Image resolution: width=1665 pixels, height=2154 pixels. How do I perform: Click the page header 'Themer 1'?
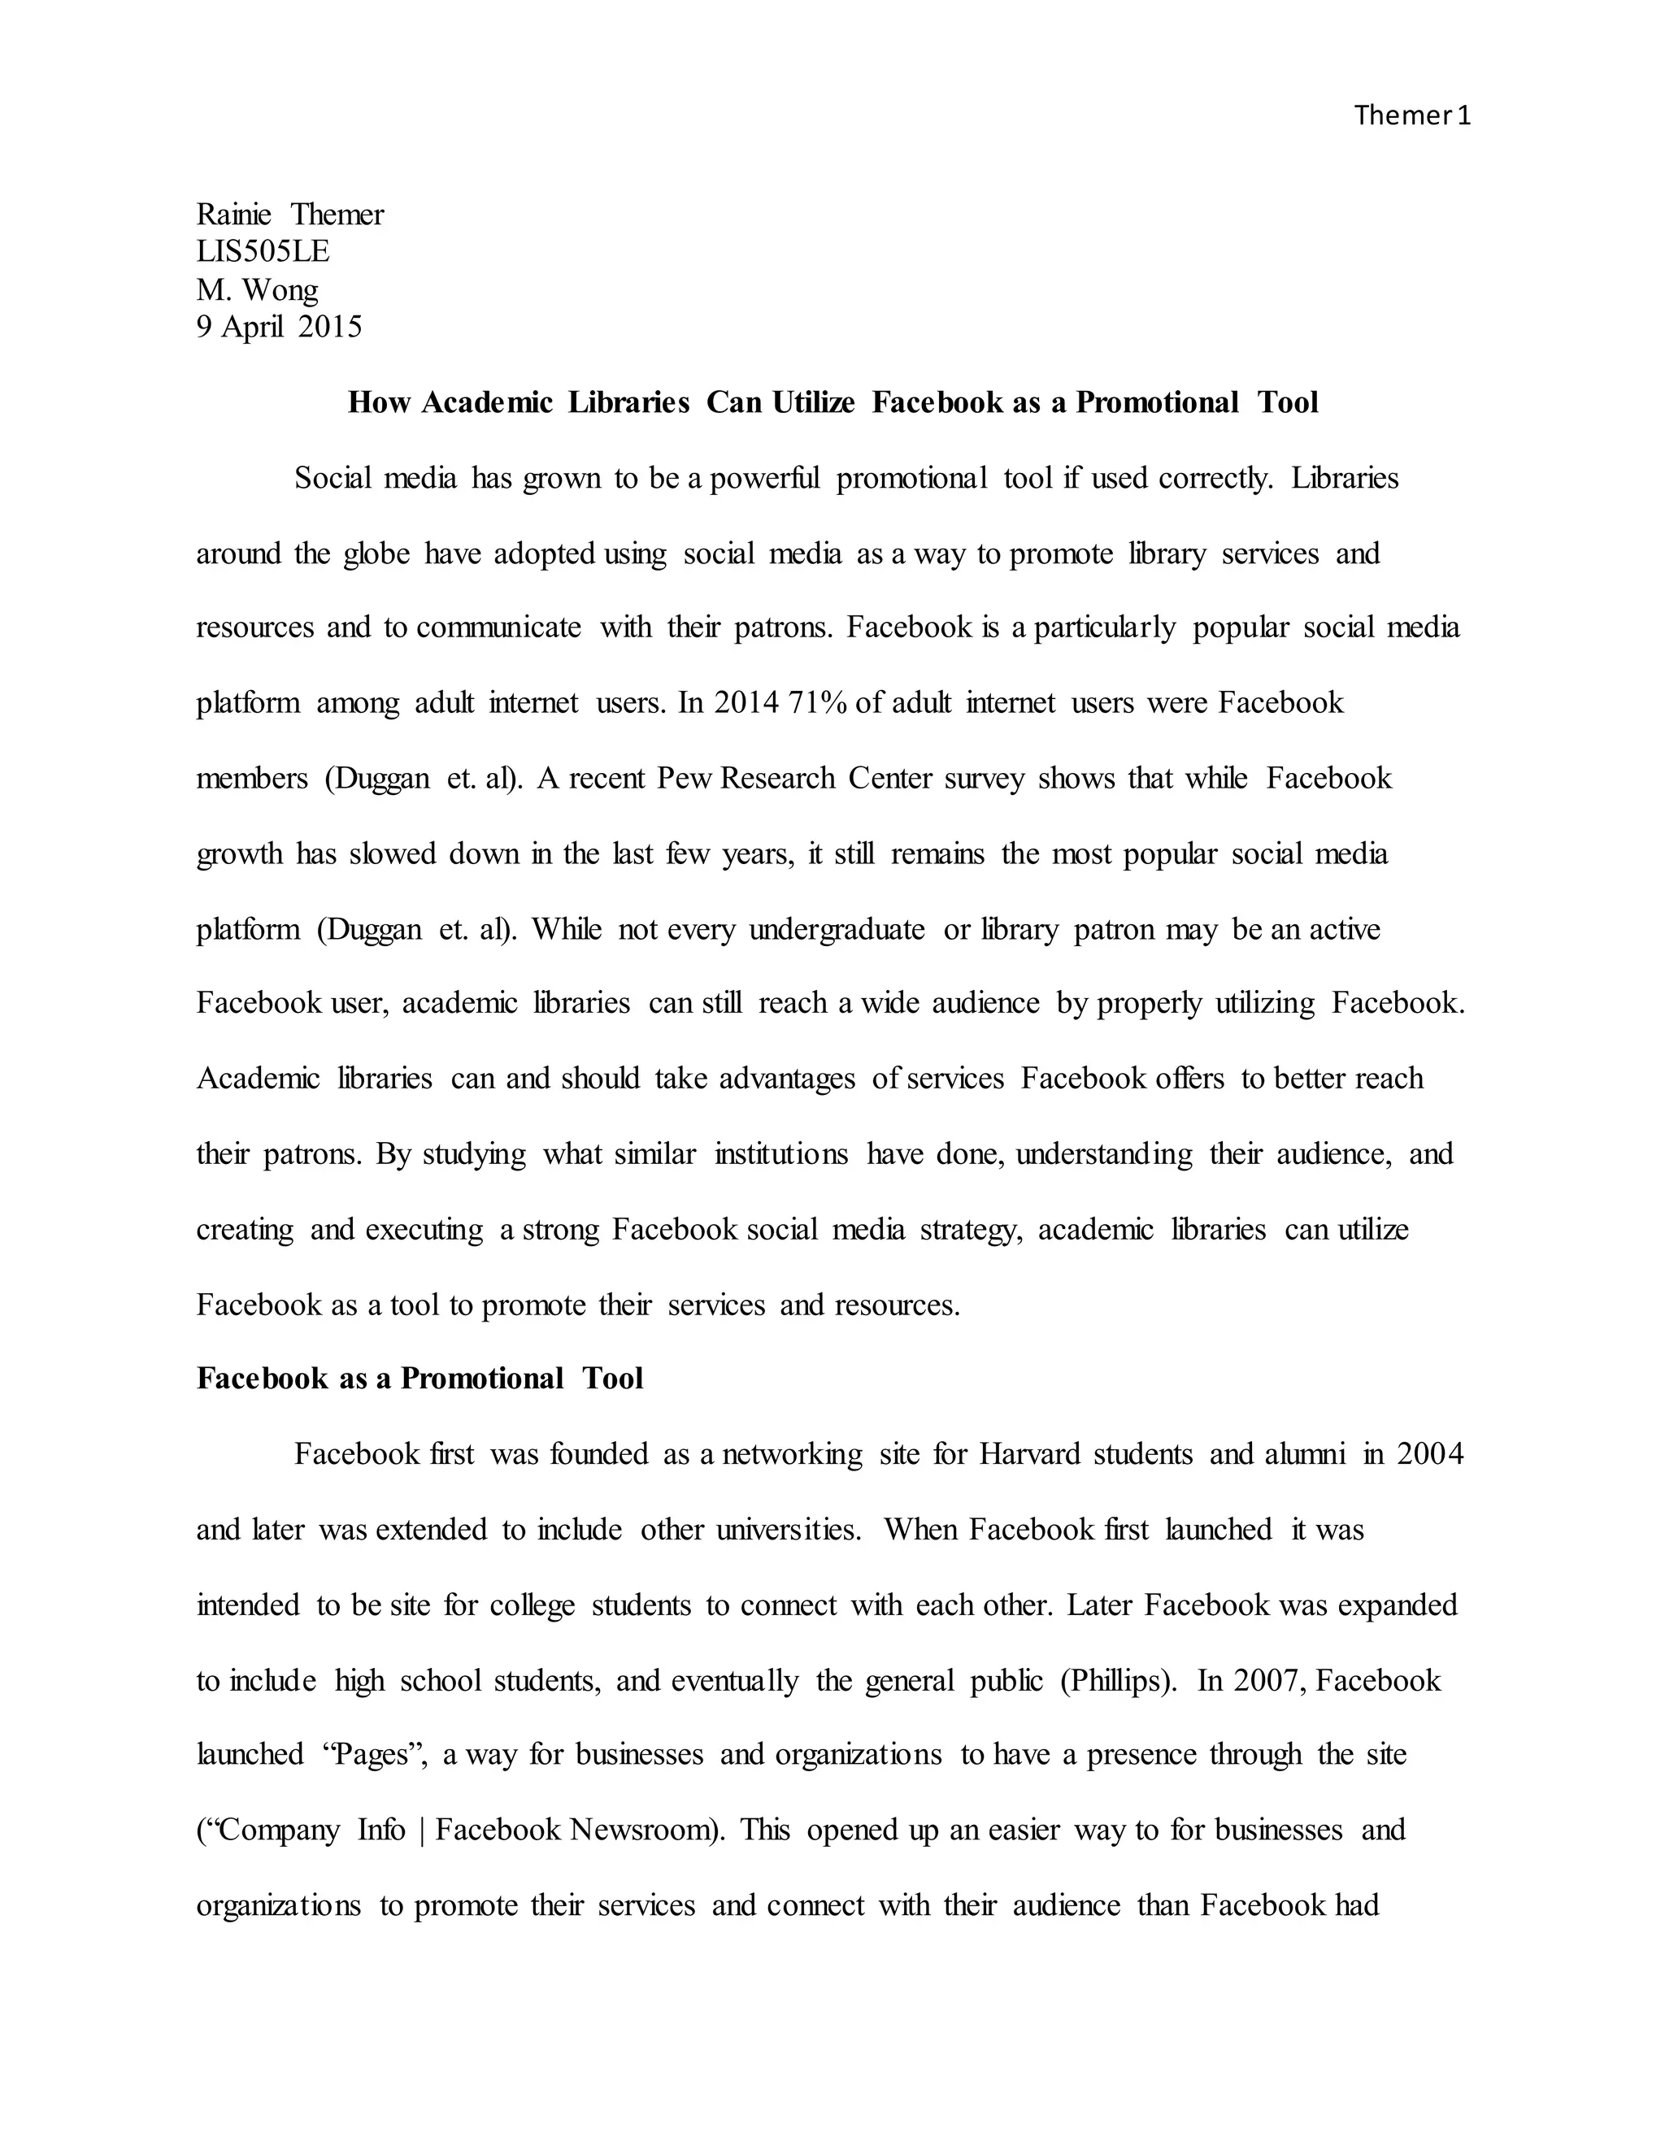pos(1411,116)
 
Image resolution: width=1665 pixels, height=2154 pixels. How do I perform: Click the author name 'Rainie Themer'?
pos(290,214)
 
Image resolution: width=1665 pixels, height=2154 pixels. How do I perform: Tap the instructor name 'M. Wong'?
pos(258,289)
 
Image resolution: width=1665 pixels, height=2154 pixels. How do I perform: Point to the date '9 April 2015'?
pos(279,327)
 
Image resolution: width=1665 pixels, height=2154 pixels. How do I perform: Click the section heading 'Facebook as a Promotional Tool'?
pos(420,1378)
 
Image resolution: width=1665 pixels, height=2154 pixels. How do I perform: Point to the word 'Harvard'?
pos(1030,1454)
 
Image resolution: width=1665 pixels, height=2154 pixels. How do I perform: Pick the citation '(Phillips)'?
pos(1118,1681)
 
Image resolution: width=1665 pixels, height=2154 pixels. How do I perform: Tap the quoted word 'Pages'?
pos(374,1755)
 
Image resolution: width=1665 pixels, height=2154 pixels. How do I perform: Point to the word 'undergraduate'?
pos(837,929)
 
